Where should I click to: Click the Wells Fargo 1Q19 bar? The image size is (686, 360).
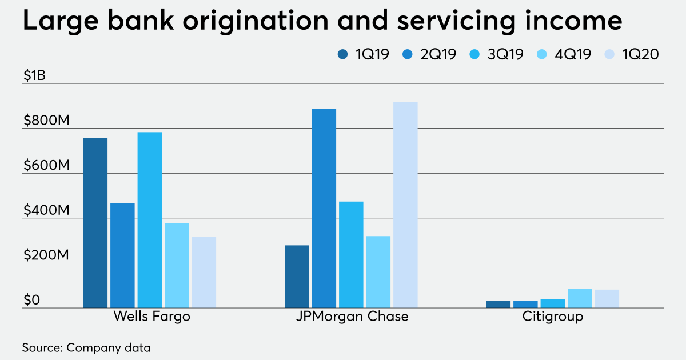[x=95, y=223]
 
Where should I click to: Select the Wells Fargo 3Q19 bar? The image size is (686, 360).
[x=150, y=220]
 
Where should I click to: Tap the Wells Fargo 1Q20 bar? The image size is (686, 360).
[x=204, y=273]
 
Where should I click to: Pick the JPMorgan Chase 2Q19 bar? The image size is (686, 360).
[x=324, y=209]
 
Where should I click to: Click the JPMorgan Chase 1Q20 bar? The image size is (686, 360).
[x=405, y=205]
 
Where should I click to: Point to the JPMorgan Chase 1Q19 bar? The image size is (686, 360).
[x=297, y=277]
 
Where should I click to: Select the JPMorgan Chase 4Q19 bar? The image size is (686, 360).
[x=378, y=272]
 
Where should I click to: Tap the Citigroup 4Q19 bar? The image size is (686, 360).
[x=580, y=298]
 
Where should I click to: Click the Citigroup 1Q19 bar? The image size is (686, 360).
[x=498, y=305]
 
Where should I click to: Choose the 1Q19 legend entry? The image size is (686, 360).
[x=364, y=55]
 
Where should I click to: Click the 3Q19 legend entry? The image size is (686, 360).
[x=497, y=55]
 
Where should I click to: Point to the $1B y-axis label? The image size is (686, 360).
[x=34, y=76]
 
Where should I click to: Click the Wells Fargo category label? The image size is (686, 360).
[x=151, y=317]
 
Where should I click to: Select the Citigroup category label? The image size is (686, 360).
[x=552, y=317]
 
